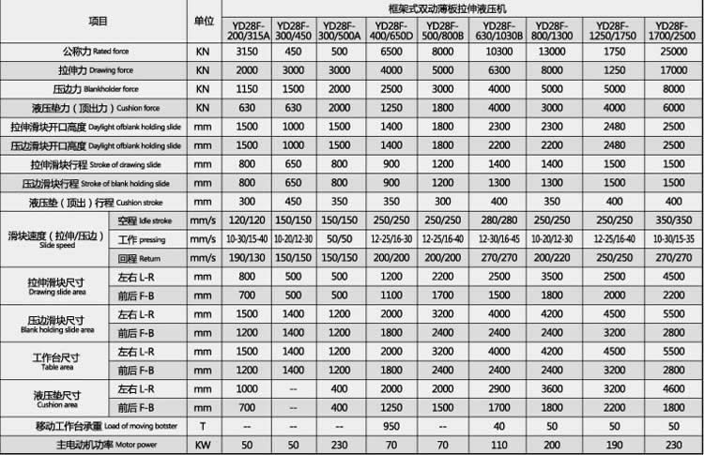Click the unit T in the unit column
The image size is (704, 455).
(x=203, y=427)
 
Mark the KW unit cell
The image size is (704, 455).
(x=203, y=445)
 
